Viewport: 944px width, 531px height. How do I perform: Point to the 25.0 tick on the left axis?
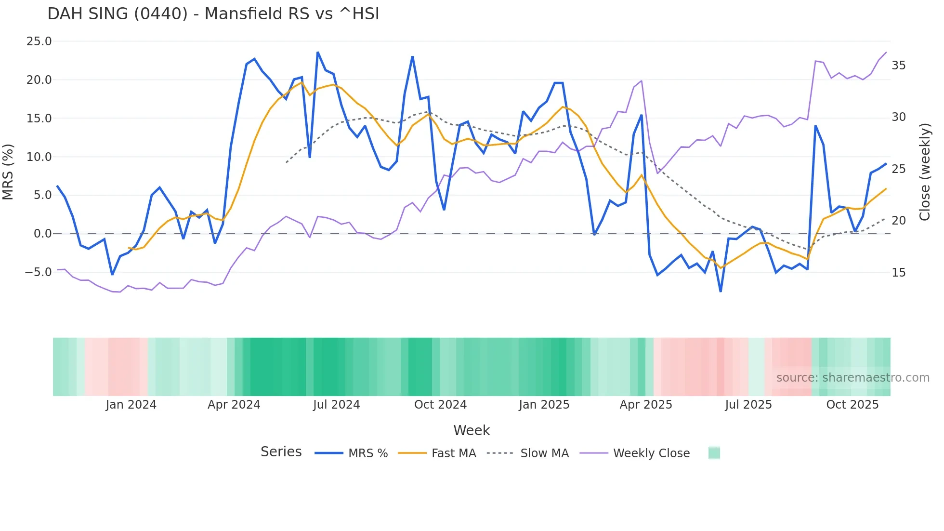click(x=39, y=41)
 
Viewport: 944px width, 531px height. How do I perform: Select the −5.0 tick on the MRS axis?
click(x=38, y=272)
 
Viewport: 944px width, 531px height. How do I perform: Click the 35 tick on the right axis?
click(x=898, y=66)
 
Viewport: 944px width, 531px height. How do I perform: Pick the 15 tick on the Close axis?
click(x=898, y=273)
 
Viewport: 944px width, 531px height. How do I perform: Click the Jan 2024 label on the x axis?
click(x=131, y=405)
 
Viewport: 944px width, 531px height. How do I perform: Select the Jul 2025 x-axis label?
click(x=748, y=405)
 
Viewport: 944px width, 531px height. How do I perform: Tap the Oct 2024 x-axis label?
click(x=440, y=405)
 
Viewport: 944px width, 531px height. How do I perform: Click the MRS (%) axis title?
click(x=8, y=172)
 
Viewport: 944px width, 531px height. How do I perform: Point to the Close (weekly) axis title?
click(x=924, y=172)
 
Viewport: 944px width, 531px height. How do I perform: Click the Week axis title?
click(x=472, y=430)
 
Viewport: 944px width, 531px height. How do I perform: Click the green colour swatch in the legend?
click(x=714, y=453)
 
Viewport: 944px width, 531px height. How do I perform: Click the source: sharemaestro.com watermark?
click(x=852, y=378)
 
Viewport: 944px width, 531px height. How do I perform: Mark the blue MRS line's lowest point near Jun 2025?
click(x=721, y=291)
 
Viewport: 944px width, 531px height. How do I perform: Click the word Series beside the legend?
click(x=281, y=452)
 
